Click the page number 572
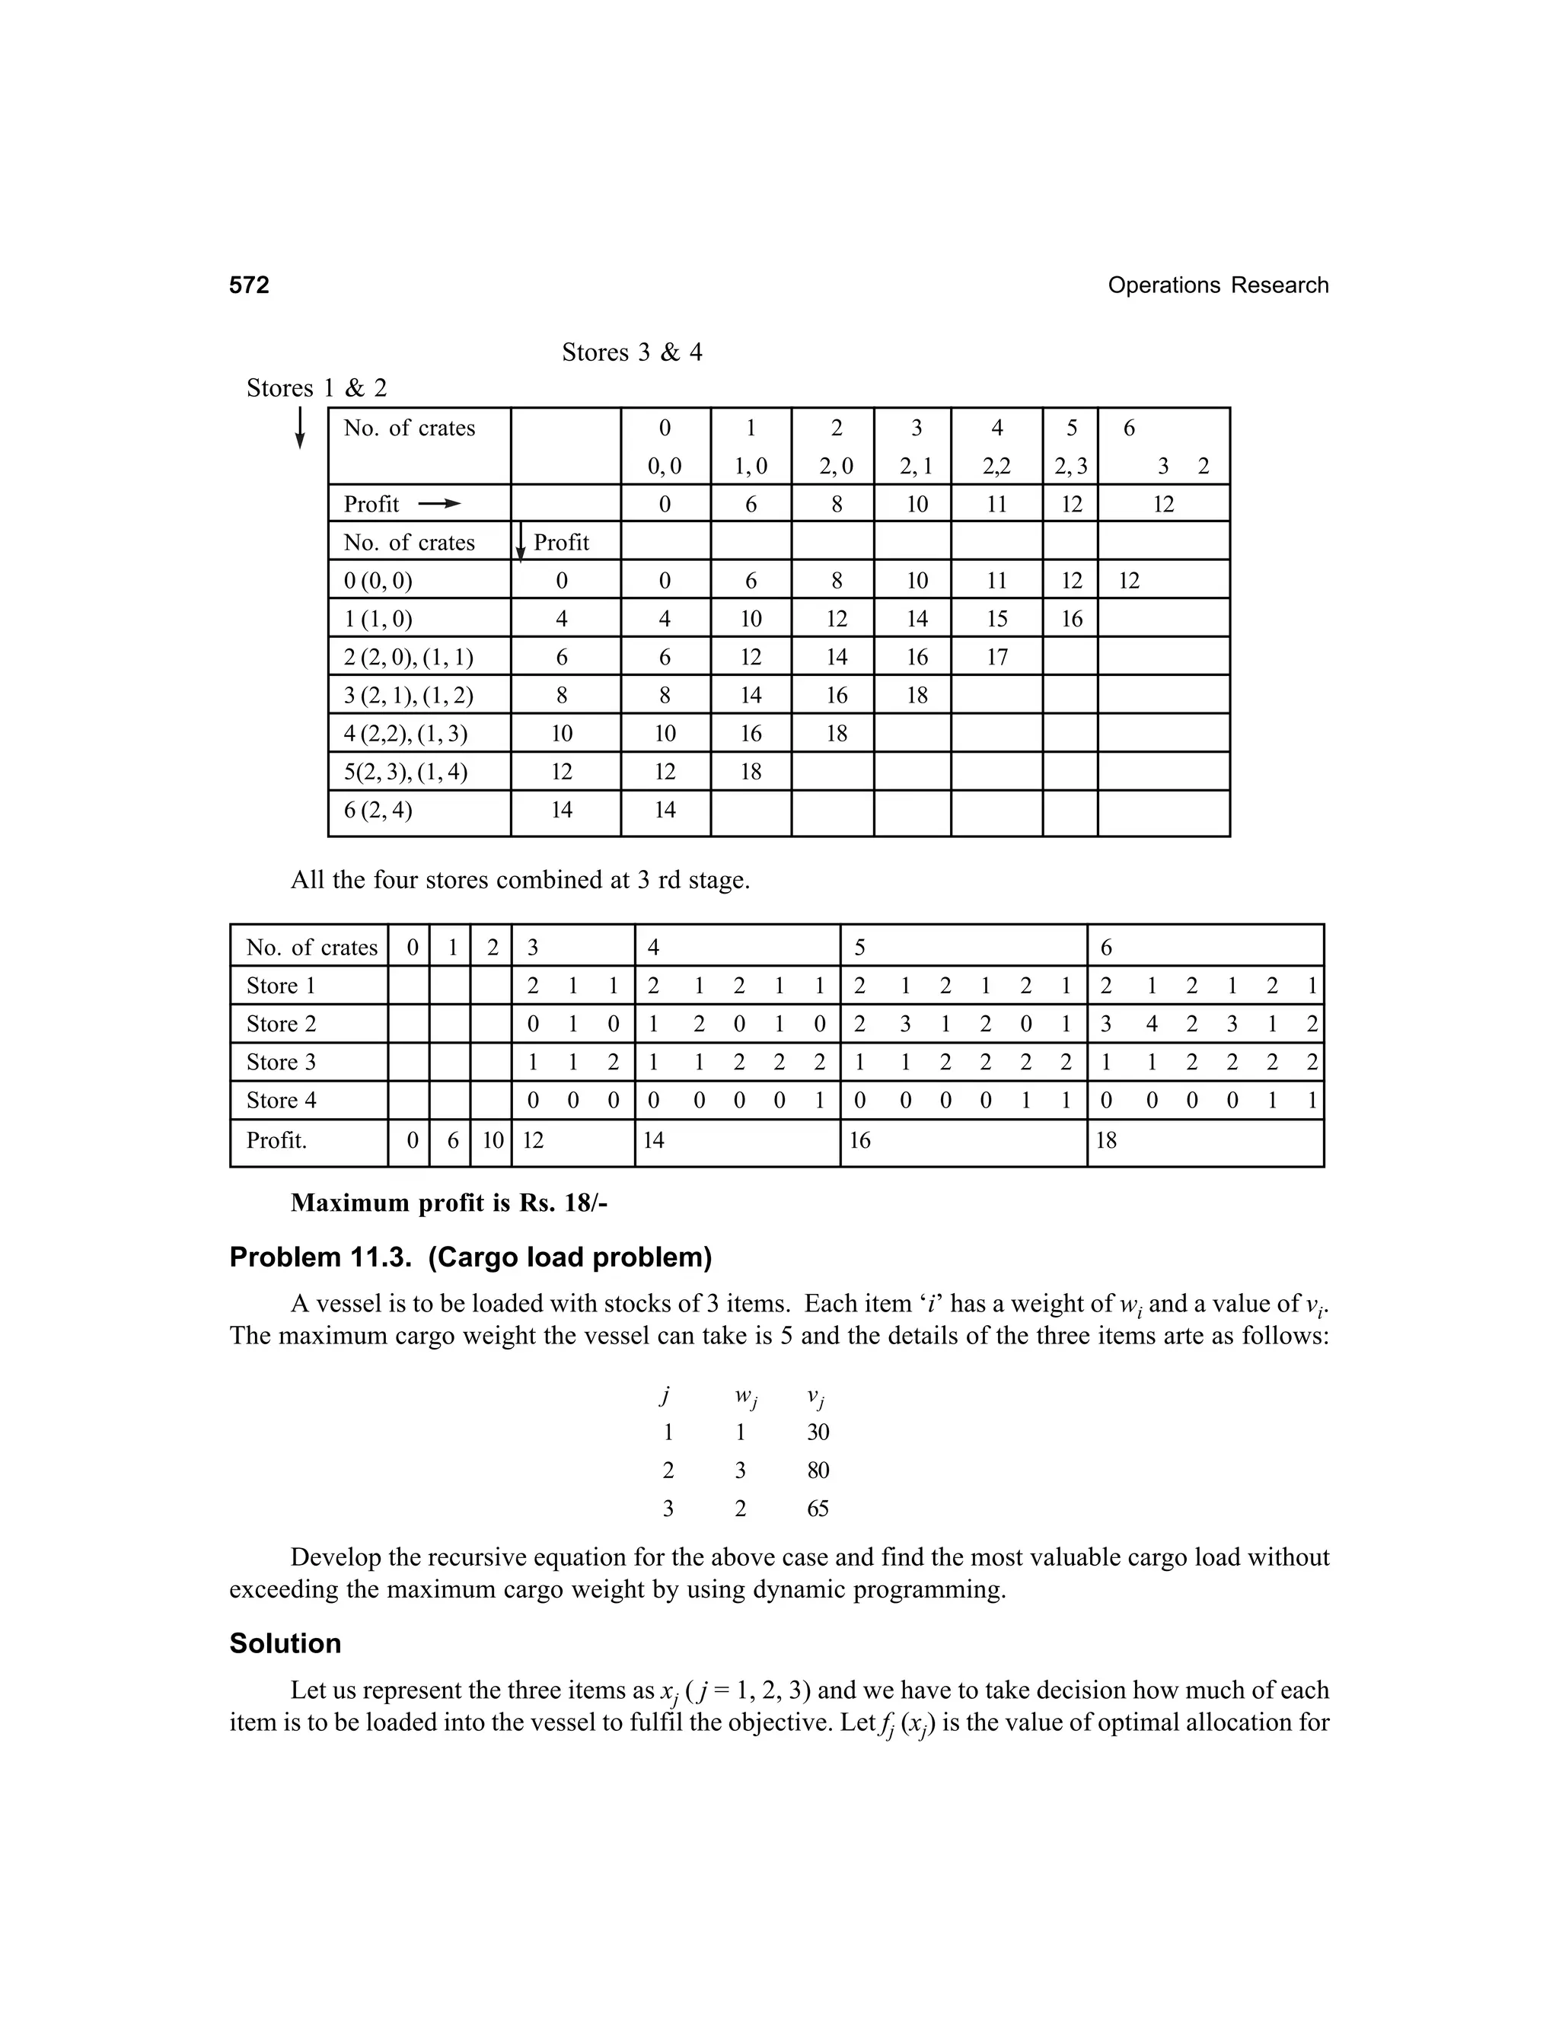(x=250, y=285)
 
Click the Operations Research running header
(x=1217, y=285)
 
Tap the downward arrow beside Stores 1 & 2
(x=299, y=428)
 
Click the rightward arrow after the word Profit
(x=438, y=504)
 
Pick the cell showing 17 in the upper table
(x=996, y=658)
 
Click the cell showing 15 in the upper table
(x=996, y=619)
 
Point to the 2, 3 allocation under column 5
(x=1070, y=467)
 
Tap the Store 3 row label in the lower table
(x=281, y=1062)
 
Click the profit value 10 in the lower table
(x=493, y=1141)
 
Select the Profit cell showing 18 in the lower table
(x=1105, y=1141)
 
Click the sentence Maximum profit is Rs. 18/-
(x=449, y=1203)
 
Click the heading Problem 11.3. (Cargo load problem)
(x=470, y=1257)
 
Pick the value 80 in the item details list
(x=818, y=1471)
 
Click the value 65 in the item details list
(x=818, y=1509)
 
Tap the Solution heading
(x=285, y=1643)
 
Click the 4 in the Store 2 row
(x=1151, y=1024)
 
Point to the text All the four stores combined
(x=520, y=880)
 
